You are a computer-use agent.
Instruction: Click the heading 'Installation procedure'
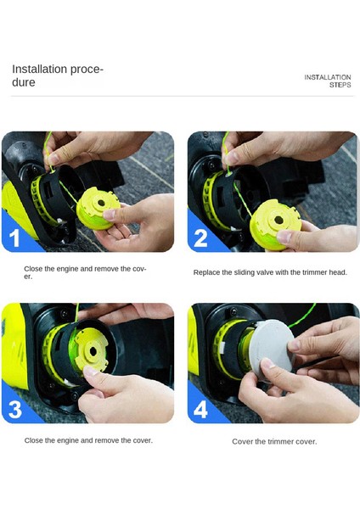58,76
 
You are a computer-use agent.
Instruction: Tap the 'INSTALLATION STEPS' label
328,81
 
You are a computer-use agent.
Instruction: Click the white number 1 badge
14,238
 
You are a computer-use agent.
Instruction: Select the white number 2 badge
200,238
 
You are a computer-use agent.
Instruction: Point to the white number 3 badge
15,409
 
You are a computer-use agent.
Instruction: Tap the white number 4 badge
200,410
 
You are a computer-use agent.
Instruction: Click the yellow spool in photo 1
98,209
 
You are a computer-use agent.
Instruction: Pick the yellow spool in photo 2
275,224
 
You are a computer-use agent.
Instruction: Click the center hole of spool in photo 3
93,351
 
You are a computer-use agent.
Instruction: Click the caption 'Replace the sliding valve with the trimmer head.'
270,272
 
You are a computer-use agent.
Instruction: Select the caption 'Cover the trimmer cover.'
274,441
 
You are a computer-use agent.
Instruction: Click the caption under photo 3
88,440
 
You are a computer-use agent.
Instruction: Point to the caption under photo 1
85,272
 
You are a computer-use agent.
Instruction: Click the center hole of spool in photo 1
101,204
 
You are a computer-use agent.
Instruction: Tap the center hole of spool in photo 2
278,220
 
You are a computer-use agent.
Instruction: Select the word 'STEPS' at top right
340,85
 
